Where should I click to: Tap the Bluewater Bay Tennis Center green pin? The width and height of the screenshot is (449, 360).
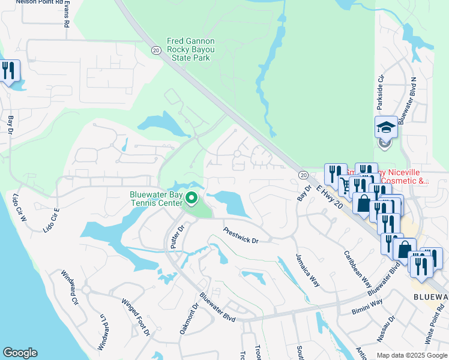191,197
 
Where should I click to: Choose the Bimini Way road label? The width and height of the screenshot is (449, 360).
367,307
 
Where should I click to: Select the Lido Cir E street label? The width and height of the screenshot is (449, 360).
51,220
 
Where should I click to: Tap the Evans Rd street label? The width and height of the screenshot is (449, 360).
67,14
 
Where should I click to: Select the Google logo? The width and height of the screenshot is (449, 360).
20,353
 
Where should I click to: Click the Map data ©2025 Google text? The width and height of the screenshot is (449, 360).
411,355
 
